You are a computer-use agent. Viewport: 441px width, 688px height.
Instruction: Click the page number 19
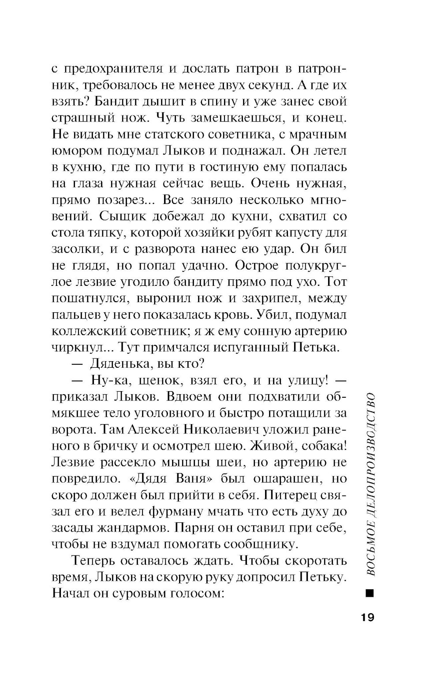[365, 617]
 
